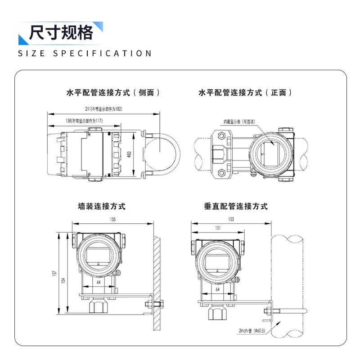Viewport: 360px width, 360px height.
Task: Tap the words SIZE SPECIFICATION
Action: coord(85,54)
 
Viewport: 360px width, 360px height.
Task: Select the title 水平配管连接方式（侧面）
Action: coord(113,93)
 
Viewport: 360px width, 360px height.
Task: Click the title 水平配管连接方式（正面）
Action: coord(245,93)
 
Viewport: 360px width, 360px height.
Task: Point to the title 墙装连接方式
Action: coord(102,207)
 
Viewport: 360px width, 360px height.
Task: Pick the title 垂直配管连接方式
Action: coord(236,207)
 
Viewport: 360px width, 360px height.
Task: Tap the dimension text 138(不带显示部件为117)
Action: coord(84,120)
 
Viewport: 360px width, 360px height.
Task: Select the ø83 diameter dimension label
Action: coord(129,154)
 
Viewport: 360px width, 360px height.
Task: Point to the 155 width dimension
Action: coord(112,220)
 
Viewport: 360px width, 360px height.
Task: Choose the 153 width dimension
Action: coord(231,219)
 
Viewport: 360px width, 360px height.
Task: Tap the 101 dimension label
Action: coord(218,228)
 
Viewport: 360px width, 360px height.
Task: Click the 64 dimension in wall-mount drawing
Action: coord(99,283)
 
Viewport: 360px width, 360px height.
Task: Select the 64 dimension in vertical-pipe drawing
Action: coord(217,290)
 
